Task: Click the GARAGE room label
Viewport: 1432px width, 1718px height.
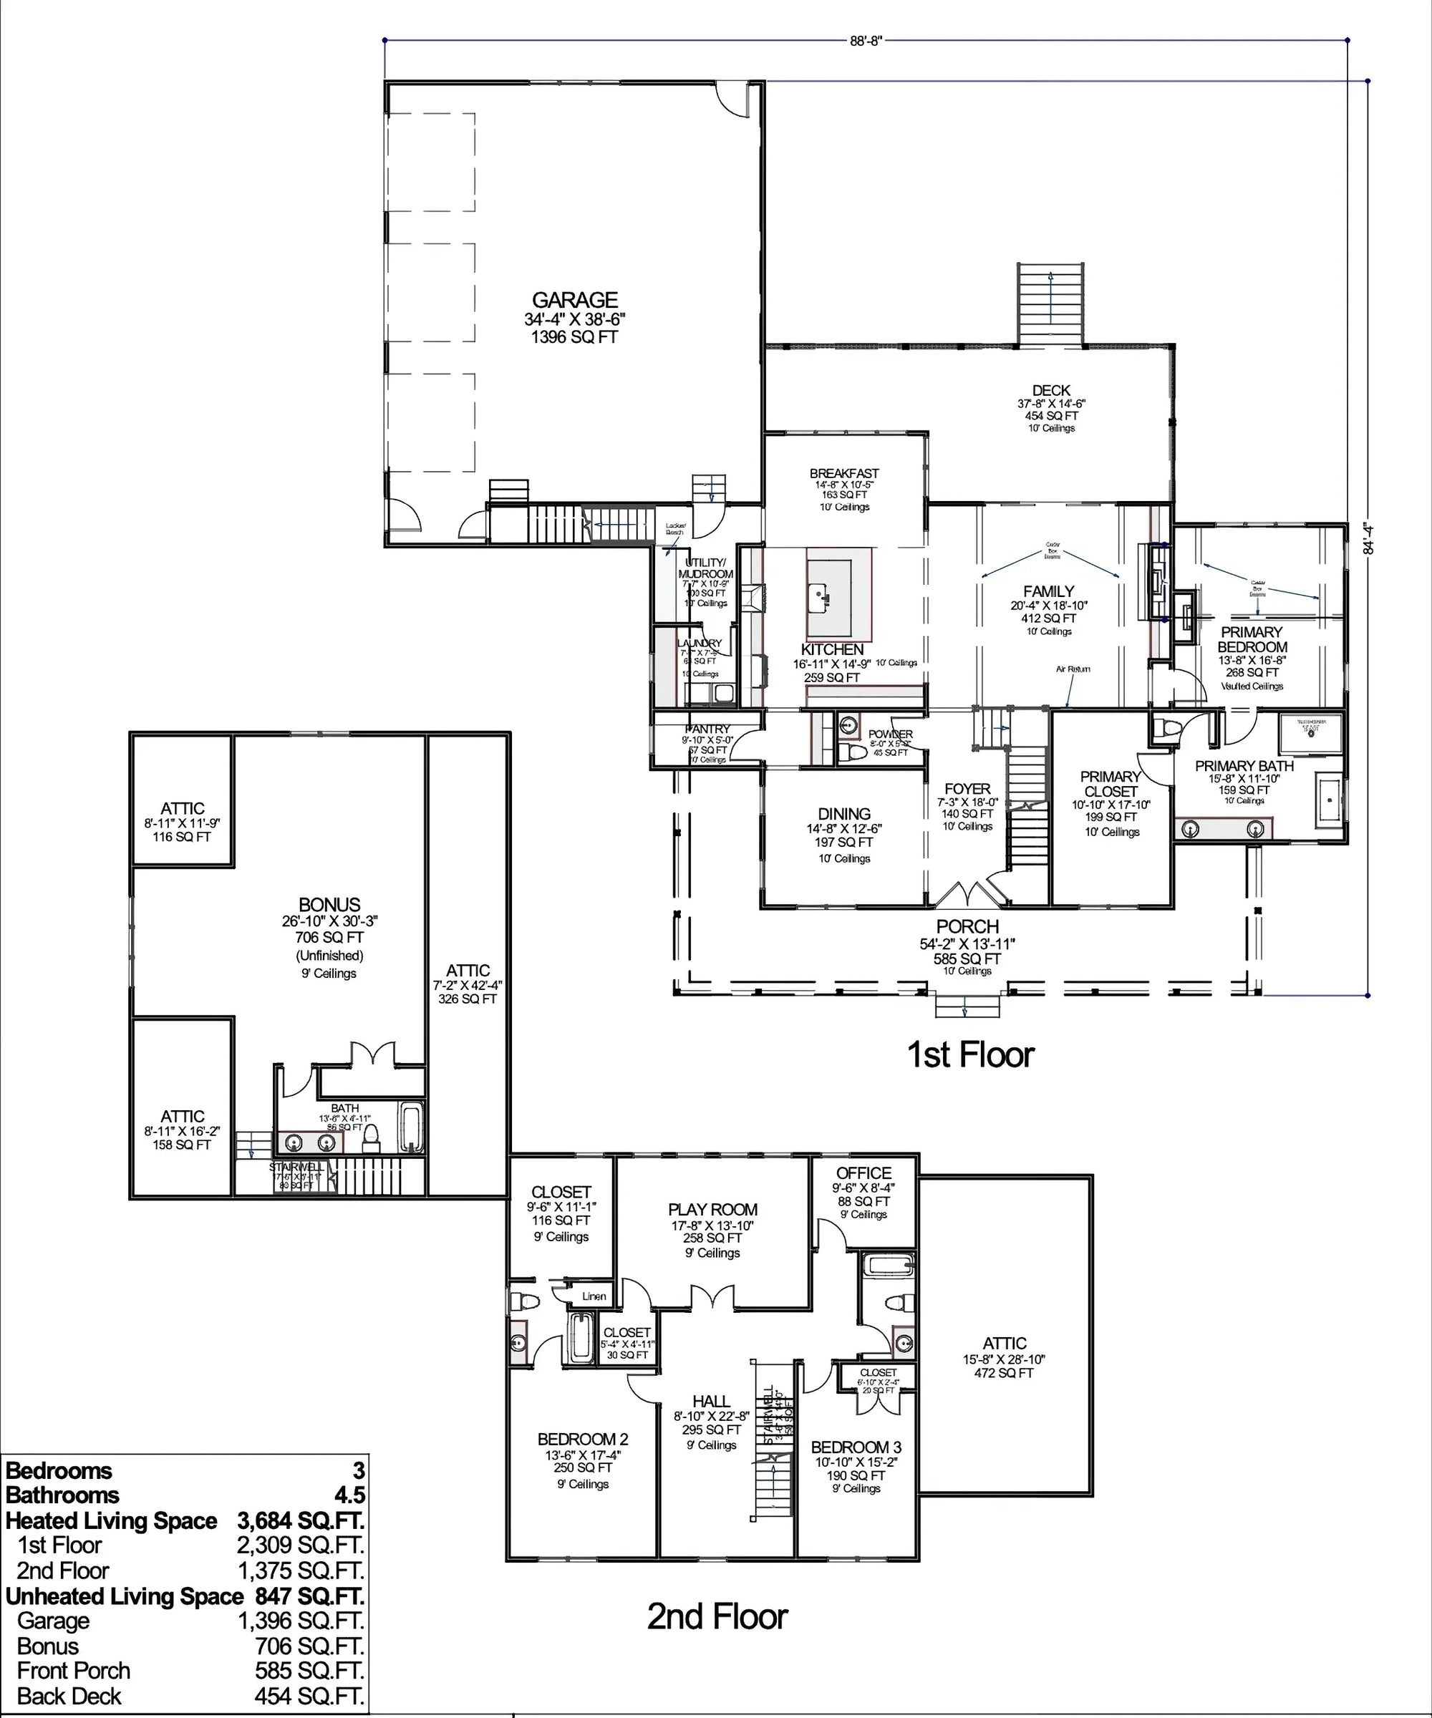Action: coord(574,300)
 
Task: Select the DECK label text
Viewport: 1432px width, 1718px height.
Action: coord(1050,391)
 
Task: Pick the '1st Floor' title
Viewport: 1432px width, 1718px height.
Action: coord(970,1054)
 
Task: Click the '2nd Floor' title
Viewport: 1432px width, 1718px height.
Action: coord(717,1616)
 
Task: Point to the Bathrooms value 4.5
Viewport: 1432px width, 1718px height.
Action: coord(349,1495)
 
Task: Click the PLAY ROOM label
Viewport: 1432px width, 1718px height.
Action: coord(712,1209)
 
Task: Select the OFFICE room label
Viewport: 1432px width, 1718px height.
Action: coord(863,1173)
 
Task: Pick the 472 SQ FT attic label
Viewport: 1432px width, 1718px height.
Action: coord(1004,1373)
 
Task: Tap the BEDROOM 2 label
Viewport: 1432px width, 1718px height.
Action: coord(583,1439)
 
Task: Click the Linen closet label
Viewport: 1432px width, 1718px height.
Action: coord(594,1296)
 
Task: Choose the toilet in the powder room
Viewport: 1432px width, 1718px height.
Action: coord(854,751)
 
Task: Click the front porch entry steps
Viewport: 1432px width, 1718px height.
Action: coord(968,1004)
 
